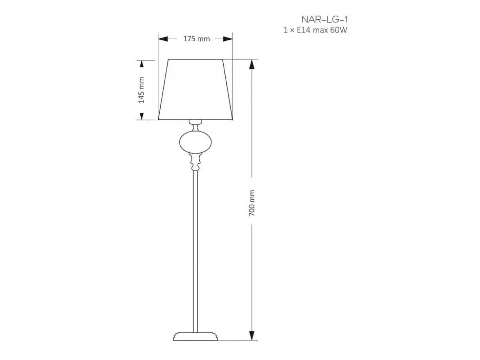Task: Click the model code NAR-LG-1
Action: tap(324, 20)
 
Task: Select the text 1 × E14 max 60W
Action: tap(315, 30)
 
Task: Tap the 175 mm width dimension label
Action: tap(196, 39)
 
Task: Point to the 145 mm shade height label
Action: tap(141, 90)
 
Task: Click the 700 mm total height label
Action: tap(252, 203)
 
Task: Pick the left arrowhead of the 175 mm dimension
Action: tap(163, 39)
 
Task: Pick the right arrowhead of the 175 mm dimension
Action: tap(228, 39)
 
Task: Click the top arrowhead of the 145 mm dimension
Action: tap(142, 64)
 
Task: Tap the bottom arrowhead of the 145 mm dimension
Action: tap(142, 116)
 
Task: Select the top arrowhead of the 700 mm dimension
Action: tap(252, 64)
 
